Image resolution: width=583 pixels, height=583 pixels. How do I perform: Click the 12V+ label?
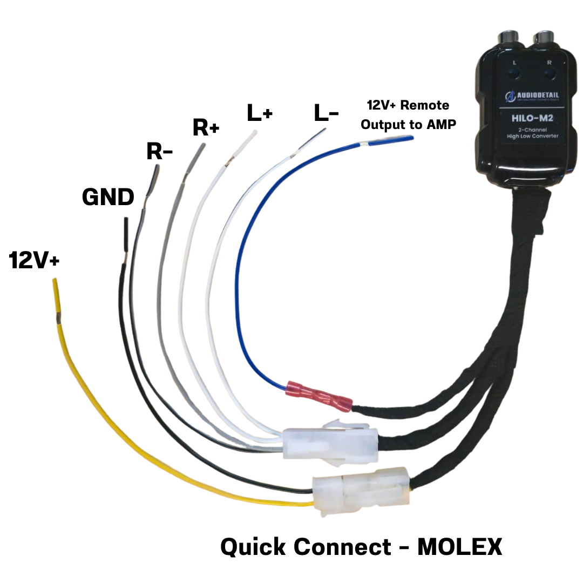point(35,261)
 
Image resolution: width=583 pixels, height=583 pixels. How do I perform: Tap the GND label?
point(108,198)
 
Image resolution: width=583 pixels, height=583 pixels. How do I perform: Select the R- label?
point(159,152)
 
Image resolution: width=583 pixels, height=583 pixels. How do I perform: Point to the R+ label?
point(206,128)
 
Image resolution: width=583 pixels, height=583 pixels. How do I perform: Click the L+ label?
point(260,113)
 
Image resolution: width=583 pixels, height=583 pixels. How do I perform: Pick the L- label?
point(326,113)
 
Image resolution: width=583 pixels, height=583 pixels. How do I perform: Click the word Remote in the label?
point(424,105)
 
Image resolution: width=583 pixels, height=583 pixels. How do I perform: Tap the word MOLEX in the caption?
point(460,547)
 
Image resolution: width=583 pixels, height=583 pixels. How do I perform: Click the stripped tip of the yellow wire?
point(56,294)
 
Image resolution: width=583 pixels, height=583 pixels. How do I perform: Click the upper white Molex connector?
point(329,443)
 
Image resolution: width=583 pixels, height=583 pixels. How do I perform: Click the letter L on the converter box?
point(514,63)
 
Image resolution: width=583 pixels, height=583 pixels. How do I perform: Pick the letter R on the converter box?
point(549,63)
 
